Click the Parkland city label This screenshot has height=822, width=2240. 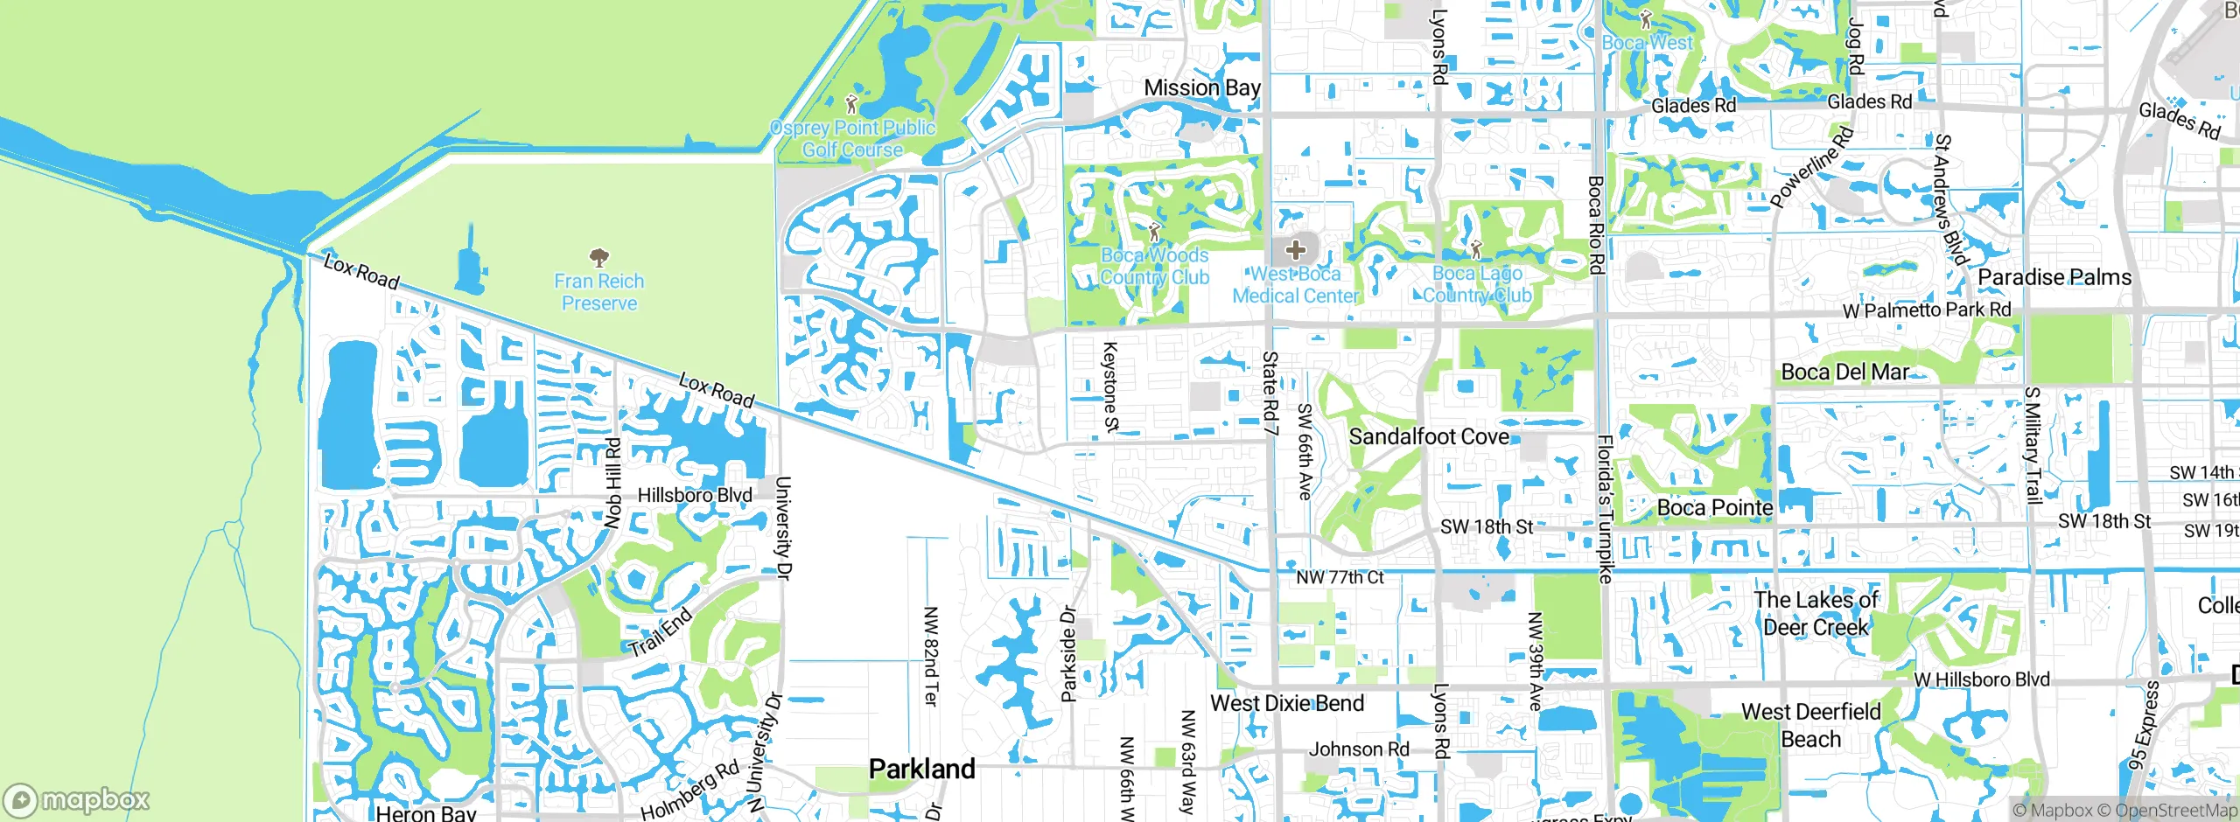(x=921, y=769)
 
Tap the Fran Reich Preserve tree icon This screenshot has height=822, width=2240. (x=598, y=257)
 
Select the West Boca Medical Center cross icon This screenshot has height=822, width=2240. (x=1295, y=250)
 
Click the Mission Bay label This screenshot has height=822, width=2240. (x=1202, y=87)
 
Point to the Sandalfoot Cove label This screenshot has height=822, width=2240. (x=1429, y=435)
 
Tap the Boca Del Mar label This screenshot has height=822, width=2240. (x=1844, y=372)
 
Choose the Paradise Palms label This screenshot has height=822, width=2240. (x=2054, y=277)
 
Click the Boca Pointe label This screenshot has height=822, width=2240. (x=1715, y=507)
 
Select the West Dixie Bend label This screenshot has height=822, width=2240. (x=1286, y=703)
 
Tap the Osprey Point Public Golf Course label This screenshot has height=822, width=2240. (x=852, y=139)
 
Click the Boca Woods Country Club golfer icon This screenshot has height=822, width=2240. (x=1154, y=233)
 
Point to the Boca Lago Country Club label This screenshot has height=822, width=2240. (x=1477, y=284)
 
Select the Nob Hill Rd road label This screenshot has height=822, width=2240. (x=612, y=483)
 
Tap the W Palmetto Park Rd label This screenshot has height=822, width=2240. (x=1927, y=310)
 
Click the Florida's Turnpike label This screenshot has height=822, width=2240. (x=1605, y=509)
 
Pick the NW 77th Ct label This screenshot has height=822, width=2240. (x=1340, y=577)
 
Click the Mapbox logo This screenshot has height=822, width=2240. (x=77, y=799)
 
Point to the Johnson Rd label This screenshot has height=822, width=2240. (x=1359, y=749)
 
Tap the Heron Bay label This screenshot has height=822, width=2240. (x=425, y=812)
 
